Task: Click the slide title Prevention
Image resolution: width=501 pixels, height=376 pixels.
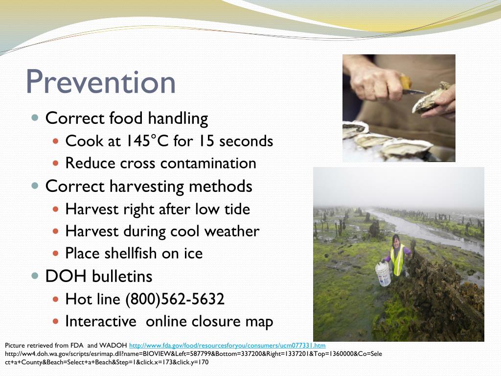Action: [100, 82]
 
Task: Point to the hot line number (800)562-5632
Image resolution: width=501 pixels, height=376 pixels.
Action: [175, 299]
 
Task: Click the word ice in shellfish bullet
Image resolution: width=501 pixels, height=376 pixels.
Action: [193, 253]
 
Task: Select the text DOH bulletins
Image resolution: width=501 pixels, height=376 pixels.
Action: [99, 276]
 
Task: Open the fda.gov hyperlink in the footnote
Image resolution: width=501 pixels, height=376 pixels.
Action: [227, 346]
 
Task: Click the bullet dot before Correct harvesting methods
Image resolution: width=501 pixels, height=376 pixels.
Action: [35, 186]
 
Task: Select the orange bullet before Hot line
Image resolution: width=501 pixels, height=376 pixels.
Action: [55, 299]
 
